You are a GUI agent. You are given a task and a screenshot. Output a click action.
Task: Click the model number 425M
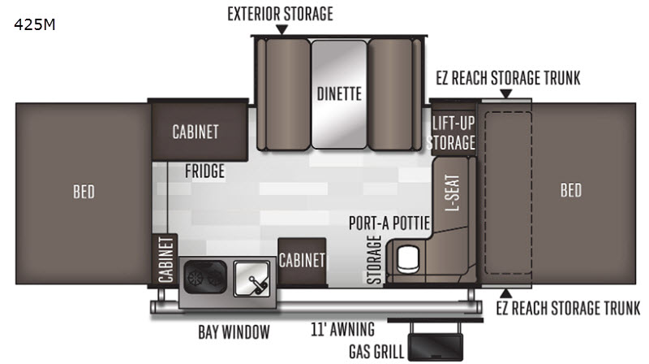(34, 25)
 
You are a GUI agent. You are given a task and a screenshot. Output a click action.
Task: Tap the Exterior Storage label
(280, 14)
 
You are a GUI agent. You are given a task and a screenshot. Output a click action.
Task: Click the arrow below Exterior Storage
(282, 29)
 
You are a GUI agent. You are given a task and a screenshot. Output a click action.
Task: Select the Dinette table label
(339, 93)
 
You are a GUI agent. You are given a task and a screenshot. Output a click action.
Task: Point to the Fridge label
(205, 171)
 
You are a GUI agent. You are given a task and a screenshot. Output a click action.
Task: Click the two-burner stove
(205, 277)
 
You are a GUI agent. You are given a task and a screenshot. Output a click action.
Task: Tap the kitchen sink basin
(251, 279)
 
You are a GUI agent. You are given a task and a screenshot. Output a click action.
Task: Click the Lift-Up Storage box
(453, 132)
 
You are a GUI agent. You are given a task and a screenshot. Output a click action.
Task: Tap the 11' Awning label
(342, 329)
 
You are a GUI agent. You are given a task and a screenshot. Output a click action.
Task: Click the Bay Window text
(234, 332)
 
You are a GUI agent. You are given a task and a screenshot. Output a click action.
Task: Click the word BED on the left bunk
(84, 192)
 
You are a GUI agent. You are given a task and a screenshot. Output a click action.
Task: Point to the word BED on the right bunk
(571, 190)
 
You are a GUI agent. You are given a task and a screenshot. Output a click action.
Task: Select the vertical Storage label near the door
(374, 259)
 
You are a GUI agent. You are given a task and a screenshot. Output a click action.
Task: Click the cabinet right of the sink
(302, 262)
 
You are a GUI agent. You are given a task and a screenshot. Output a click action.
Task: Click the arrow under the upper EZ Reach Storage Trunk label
(505, 94)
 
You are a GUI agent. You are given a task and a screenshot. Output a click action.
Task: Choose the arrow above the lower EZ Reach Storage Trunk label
(505, 293)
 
